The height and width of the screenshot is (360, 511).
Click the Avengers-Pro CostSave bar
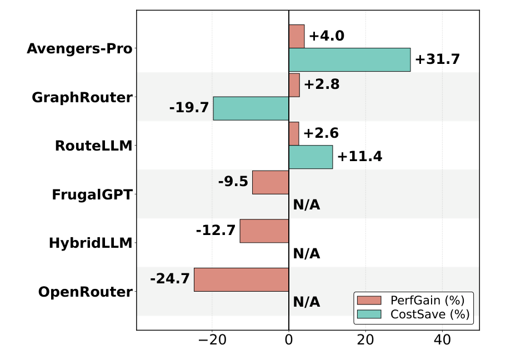(x=350, y=59)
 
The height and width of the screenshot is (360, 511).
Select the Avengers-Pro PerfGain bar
(x=297, y=36)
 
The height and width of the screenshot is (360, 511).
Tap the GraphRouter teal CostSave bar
(x=251, y=108)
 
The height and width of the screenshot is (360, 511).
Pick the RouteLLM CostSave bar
(x=311, y=157)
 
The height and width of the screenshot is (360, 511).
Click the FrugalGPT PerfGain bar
(x=270, y=182)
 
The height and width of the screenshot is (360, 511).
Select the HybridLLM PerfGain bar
(x=264, y=231)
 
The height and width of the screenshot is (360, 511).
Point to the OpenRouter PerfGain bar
(x=242, y=279)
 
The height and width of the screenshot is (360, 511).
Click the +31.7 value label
(x=437, y=59)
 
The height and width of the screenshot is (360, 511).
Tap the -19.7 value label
(x=189, y=107)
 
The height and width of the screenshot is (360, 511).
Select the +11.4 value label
(x=360, y=157)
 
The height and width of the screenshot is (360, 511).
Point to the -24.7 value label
(x=170, y=279)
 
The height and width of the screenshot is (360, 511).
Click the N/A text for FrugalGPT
(x=307, y=205)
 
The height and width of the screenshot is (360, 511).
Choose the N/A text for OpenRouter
(x=307, y=302)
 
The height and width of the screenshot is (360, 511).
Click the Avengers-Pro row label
(x=79, y=48)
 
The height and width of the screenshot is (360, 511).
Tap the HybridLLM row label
(x=91, y=243)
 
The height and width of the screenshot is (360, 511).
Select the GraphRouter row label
(x=82, y=98)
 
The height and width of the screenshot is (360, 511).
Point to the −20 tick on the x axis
(x=212, y=340)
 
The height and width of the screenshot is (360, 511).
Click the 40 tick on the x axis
(x=442, y=340)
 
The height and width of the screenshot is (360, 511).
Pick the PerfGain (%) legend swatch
(x=369, y=301)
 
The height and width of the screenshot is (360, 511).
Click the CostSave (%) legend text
(x=430, y=314)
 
